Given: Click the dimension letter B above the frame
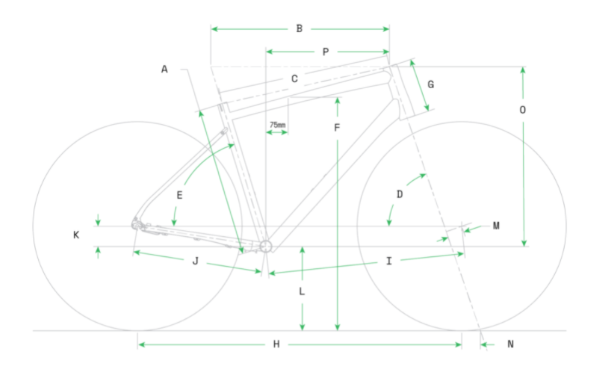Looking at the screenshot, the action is point(300,28).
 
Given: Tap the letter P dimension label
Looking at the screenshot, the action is point(326,52).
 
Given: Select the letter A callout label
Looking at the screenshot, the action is point(164,69).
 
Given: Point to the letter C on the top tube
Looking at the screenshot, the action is point(294,79).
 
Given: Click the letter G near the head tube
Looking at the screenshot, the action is point(431,84).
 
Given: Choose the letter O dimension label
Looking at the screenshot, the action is point(523,110).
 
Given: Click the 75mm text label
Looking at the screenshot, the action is point(278,125).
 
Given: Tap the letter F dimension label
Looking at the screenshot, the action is point(337,128).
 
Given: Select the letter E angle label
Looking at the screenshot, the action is point(179,195).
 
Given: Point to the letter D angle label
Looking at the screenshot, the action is point(400,194).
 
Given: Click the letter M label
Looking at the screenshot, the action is point(496,226).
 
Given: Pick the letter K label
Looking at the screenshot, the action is point(76,235).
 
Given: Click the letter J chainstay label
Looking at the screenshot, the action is point(196,261).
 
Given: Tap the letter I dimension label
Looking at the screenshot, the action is point(389,261).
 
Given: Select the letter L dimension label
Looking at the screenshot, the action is point(302,291).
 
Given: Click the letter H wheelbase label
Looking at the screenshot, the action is point(276,344).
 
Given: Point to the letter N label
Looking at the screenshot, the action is point(510,344).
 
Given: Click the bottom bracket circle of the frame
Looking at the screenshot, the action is point(266,246).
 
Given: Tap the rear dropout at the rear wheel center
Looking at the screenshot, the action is point(135,225).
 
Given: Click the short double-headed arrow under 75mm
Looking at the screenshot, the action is point(277,132).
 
